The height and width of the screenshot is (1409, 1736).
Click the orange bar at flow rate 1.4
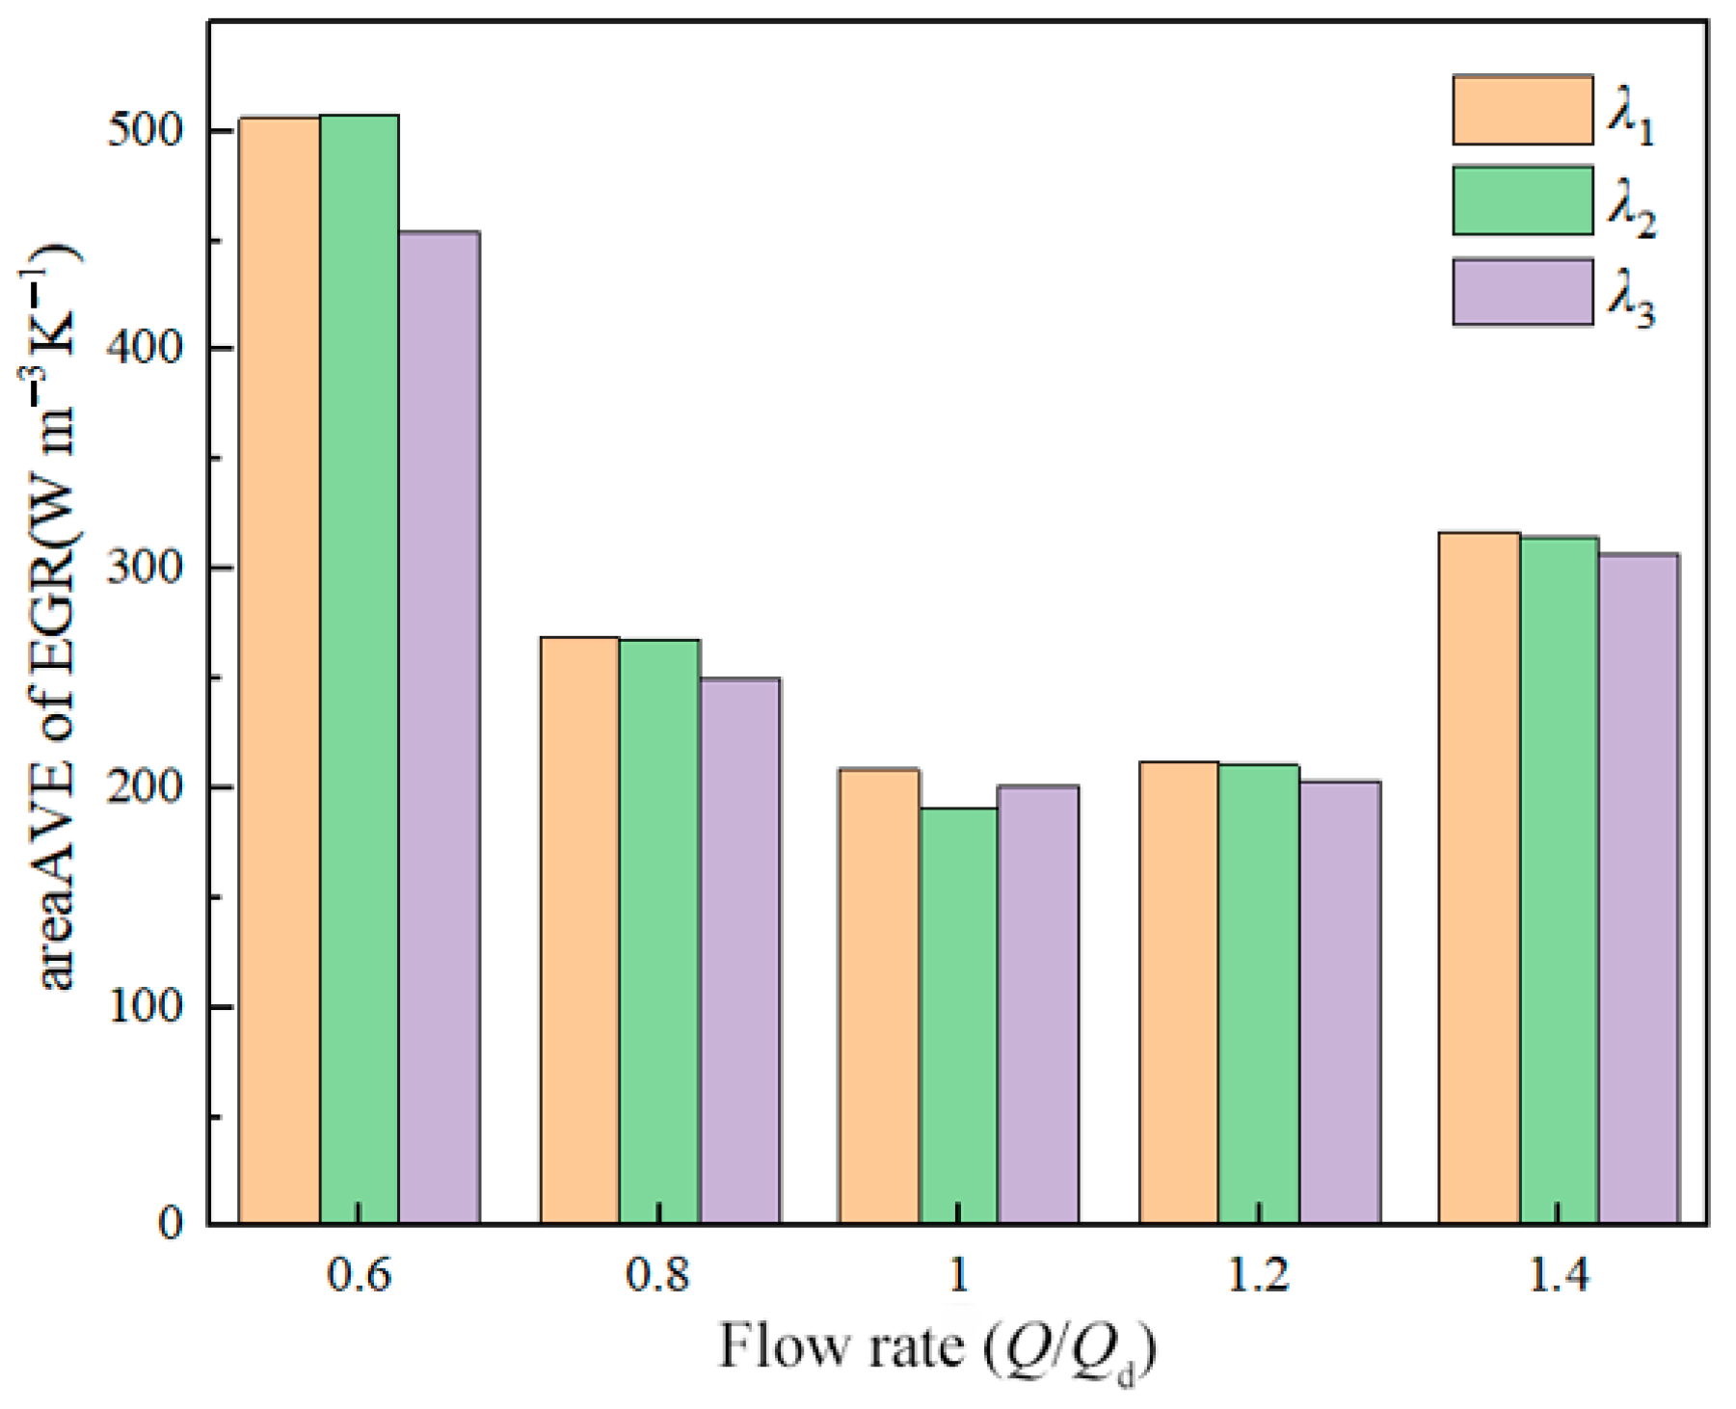[1480, 877]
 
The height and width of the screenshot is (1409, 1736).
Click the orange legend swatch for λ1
[1523, 110]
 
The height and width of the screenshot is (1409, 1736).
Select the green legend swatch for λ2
[1523, 200]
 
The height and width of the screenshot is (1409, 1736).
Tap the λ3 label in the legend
[1631, 303]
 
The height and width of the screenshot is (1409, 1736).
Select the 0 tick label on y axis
[171, 1224]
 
